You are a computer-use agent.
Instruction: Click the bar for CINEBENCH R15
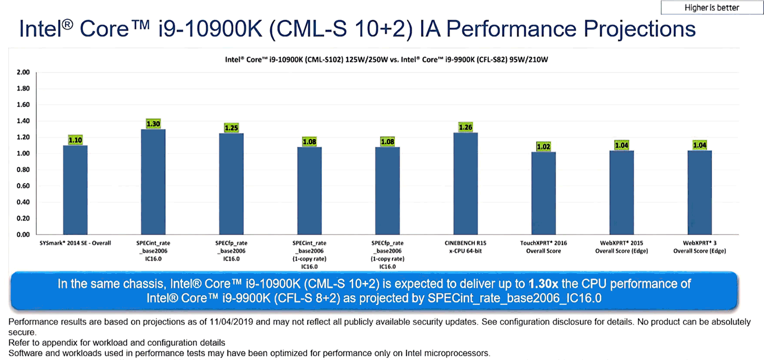(465, 184)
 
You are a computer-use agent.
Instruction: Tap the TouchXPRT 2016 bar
(544, 193)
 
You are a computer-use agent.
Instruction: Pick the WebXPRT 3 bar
(699, 193)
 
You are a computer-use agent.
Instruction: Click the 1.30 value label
(153, 124)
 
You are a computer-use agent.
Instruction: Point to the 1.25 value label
(231, 128)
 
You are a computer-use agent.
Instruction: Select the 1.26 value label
(465, 127)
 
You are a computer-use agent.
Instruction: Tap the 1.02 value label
(544, 146)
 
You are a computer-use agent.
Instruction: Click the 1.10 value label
(75, 140)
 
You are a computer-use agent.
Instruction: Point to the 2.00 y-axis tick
(23, 73)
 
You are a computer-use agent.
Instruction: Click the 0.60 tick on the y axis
(23, 186)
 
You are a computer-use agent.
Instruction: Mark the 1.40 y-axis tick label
(23, 121)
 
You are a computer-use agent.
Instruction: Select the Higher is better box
(712, 8)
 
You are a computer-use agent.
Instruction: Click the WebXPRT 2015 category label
(621, 247)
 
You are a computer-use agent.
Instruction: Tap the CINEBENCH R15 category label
(465, 247)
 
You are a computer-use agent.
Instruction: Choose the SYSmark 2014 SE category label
(75, 243)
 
